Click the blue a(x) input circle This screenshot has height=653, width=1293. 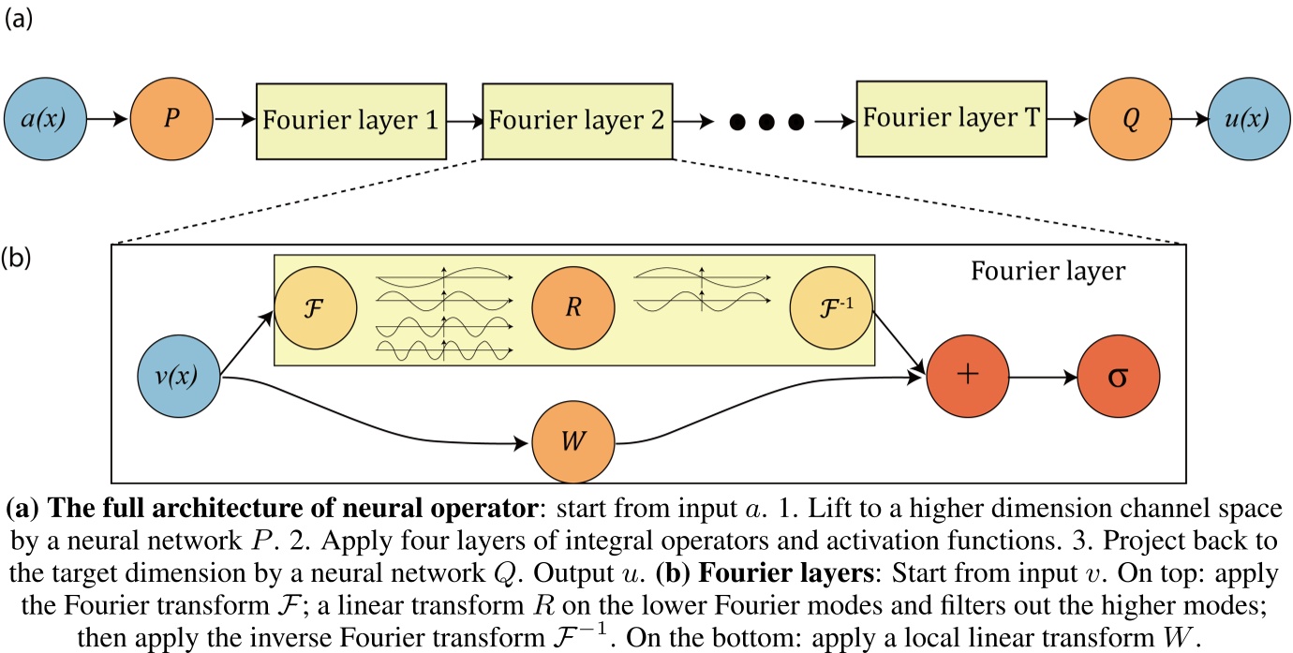(x=48, y=121)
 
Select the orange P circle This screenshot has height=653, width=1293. (x=171, y=121)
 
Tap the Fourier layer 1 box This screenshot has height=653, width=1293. (x=351, y=121)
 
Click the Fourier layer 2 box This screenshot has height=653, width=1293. (x=577, y=121)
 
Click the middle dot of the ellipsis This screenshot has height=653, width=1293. (x=766, y=122)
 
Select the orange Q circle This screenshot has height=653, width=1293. (x=1131, y=121)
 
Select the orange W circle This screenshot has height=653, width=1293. (x=573, y=440)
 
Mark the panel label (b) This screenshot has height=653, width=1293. (x=20, y=256)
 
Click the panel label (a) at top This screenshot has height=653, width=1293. (x=20, y=20)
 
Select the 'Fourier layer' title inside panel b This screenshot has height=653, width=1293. (x=1048, y=273)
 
